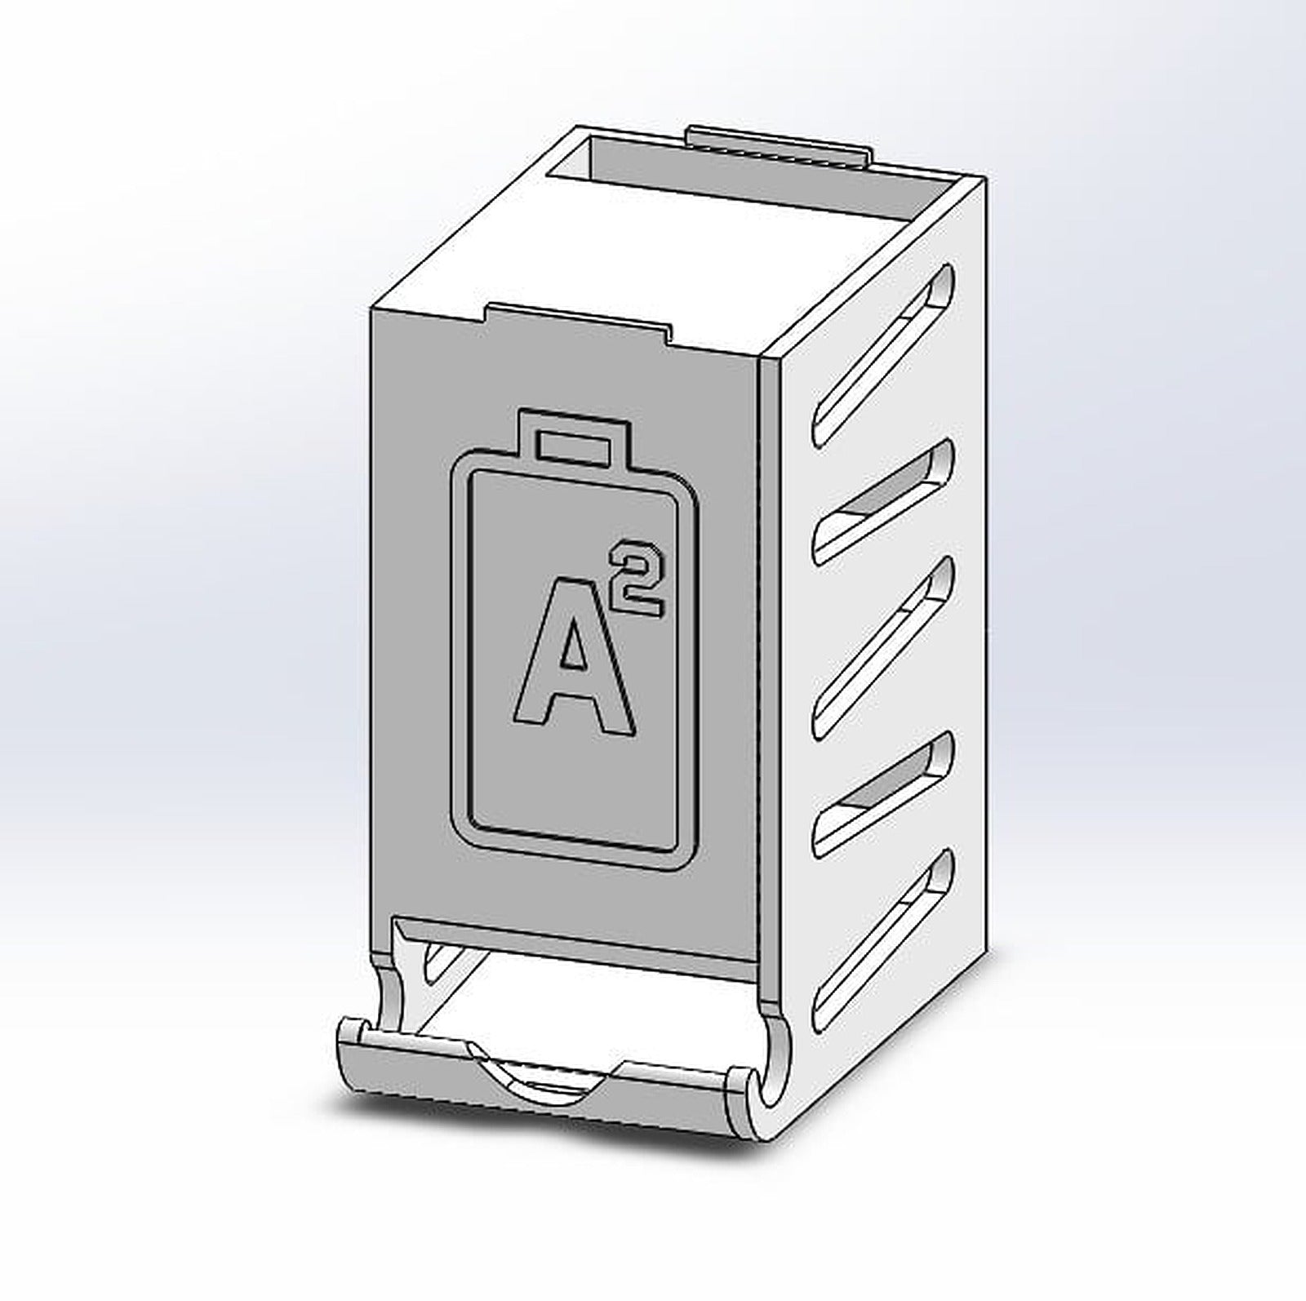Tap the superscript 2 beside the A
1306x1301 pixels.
[639, 577]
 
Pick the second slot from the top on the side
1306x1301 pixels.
[886, 500]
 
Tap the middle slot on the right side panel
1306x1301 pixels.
[886, 645]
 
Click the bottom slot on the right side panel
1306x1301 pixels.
[886, 939]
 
